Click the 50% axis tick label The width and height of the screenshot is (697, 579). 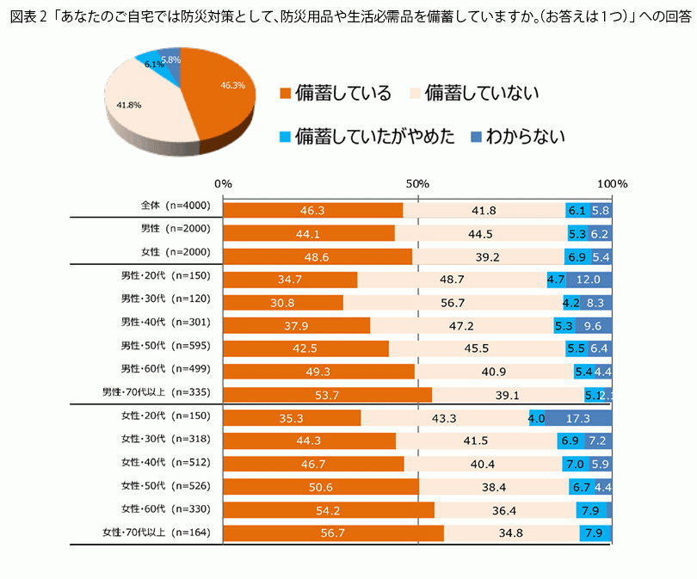tap(417, 184)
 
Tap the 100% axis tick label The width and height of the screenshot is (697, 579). tap(613, 184)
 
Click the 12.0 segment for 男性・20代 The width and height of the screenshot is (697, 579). tap(588, 280)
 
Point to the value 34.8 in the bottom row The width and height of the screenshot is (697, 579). tap(512, 533)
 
